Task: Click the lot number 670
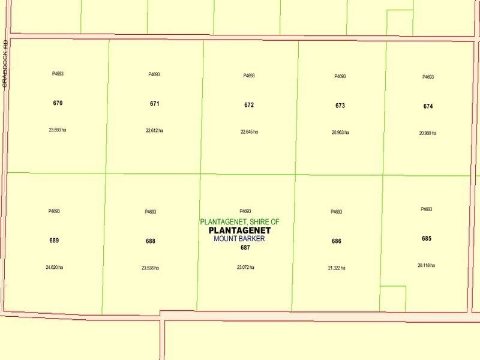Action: click(58, 103)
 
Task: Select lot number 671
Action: click(155, 104)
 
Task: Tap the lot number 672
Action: click(249, 105)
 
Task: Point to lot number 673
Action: click(340, 106)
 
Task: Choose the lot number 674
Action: click(428, 106)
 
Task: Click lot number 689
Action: click(54, 241)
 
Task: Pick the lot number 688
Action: click(150, 241)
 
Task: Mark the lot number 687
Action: click(245, 247)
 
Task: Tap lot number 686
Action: click(337, 241)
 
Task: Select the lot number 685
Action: click(427, 238)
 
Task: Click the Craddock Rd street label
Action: click(5, 64)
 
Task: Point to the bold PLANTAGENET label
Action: click(239, 230)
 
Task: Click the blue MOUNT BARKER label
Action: click(239, 239)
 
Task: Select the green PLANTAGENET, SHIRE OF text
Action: click(239, 222)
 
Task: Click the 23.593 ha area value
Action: click(58, 130)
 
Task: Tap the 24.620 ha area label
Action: click(54, 267)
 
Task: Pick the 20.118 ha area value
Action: click(427, 265)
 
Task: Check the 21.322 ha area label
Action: click(337, 268)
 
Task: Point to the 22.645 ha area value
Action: click(249, 131)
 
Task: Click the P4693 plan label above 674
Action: click(428, 77)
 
